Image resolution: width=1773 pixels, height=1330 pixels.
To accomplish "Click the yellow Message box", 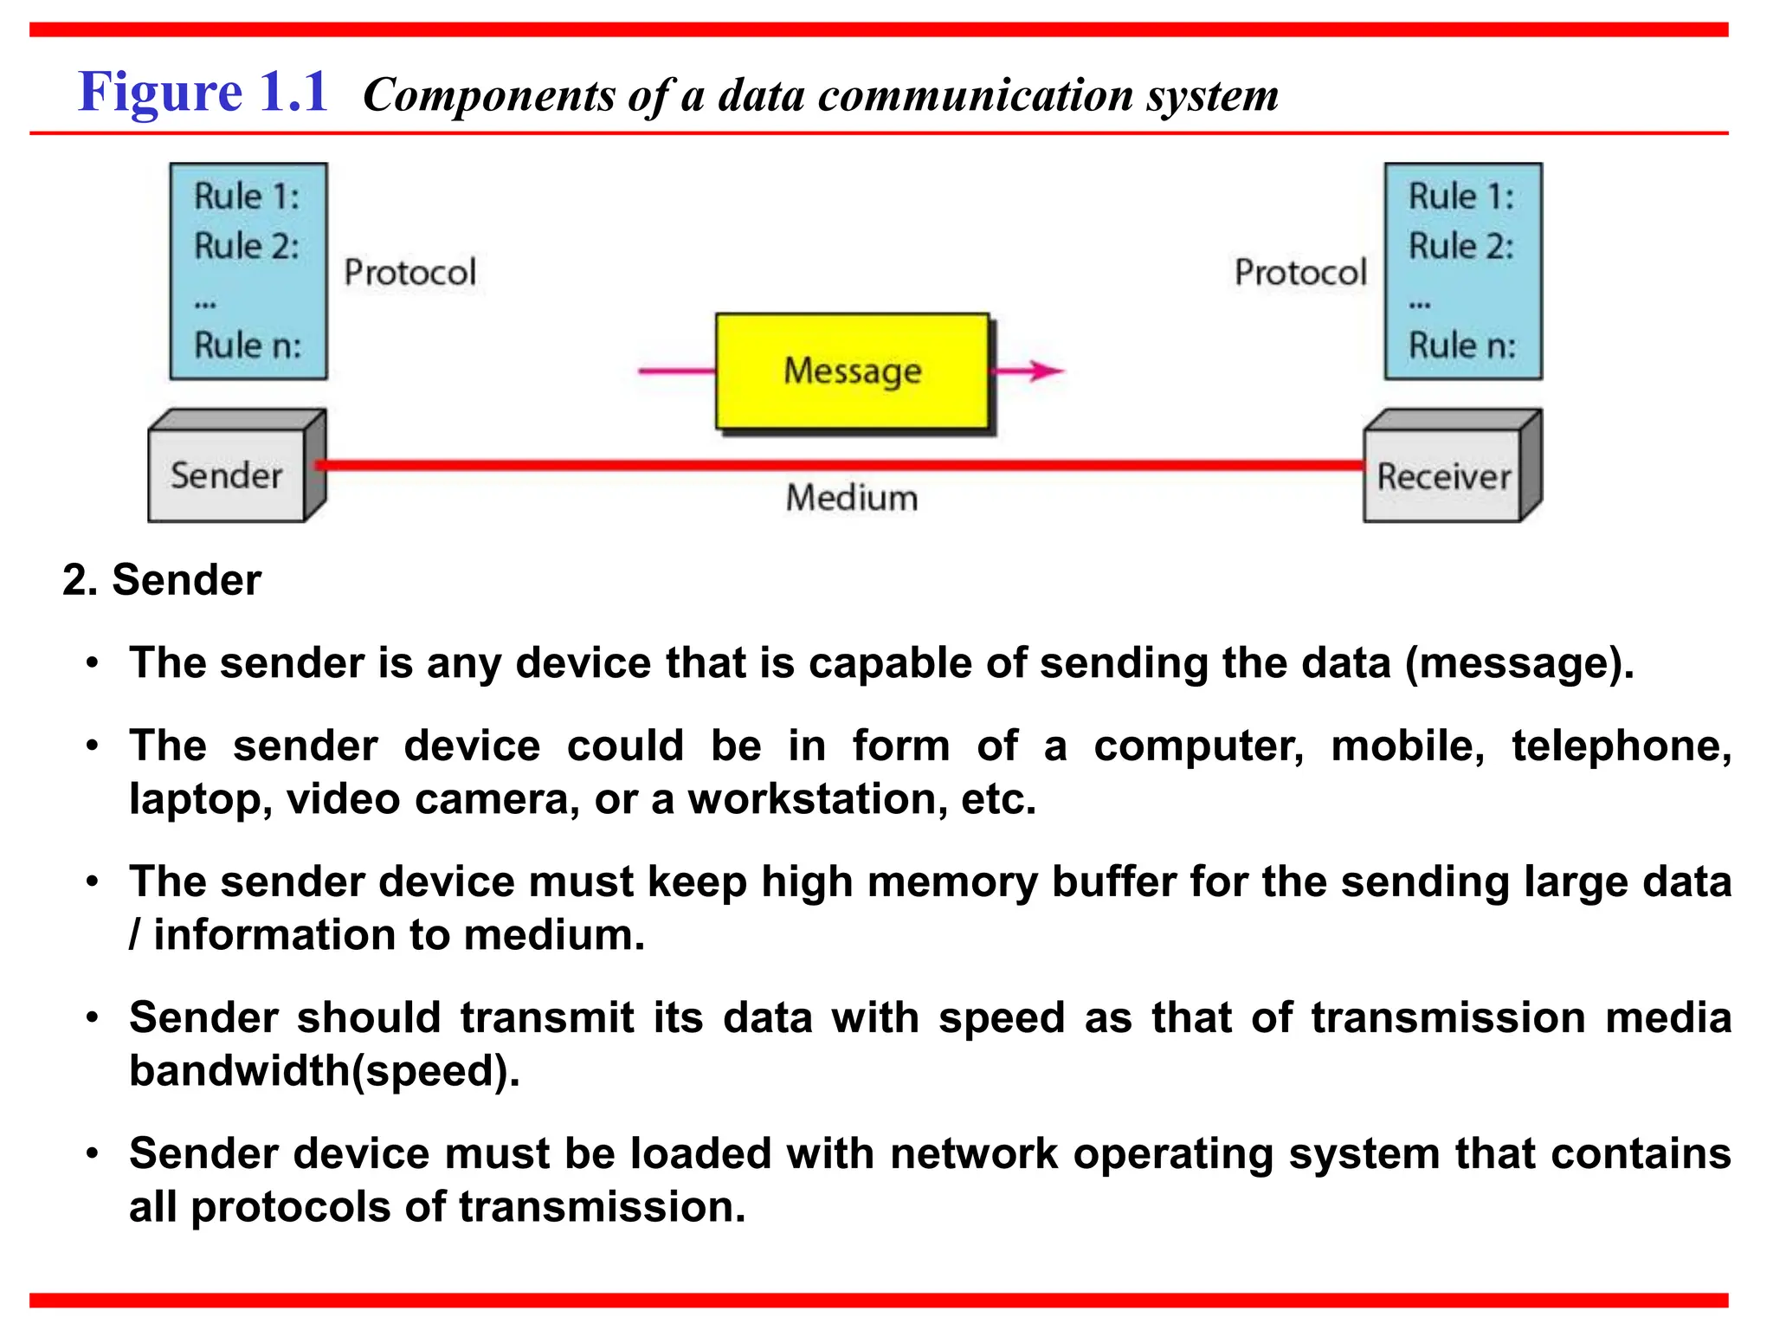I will [852, 371].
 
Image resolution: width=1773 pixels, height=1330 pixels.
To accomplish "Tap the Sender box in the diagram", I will [227, 475].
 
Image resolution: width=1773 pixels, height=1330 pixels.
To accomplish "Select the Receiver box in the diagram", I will [1443, 476].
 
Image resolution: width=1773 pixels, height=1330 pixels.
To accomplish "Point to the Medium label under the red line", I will [851, 498].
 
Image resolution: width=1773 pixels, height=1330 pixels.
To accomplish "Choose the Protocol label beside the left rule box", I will [409, 273].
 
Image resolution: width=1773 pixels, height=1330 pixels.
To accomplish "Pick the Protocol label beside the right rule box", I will [1300, 273].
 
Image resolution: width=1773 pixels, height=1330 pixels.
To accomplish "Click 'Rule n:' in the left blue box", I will [248, 345].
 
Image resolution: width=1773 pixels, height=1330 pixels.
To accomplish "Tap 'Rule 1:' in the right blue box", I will [1461, 197].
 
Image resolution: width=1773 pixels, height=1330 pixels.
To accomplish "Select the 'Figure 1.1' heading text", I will [203, 92].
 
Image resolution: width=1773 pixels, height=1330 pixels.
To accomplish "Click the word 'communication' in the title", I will [976, 95].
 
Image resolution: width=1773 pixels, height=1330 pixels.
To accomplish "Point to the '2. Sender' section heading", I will [162, 579].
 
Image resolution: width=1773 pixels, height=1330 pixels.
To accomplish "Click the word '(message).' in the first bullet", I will [1519, 663].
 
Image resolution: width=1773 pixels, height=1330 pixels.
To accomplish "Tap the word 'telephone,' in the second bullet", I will [1621, 746].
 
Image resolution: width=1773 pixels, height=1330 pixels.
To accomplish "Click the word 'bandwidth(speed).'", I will [325, 1070].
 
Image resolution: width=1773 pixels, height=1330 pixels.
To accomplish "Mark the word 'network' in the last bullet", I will [974, 1153].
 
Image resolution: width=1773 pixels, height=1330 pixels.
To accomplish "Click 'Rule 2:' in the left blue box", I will [247, 246].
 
